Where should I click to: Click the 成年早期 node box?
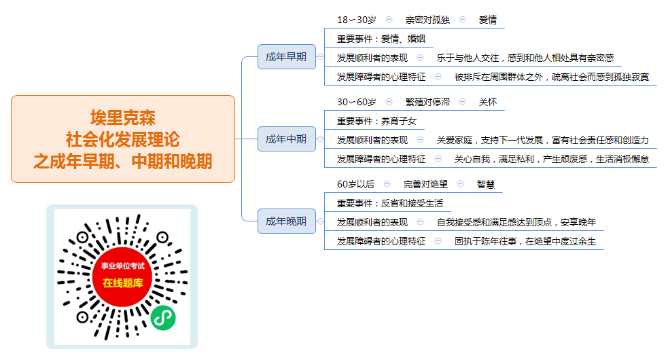(x=287, y=56)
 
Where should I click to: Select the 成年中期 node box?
(x=287, y=139)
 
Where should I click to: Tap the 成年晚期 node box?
(x=287, y=221)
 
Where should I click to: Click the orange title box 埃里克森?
(x=123, y=139)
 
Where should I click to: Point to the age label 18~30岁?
(x=357, y=20)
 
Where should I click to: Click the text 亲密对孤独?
(x=427, y=20)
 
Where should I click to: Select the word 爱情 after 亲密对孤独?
(x=488, y=20)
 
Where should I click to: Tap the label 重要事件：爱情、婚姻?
(x=381, y=39)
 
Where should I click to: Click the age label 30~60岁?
(x=357, y=102)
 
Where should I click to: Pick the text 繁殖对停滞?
(x=427, y=102)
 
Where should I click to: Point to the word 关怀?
(x=488, y=102)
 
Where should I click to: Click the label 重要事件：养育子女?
(x=376, y=121)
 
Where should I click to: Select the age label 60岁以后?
(x=355, y=184)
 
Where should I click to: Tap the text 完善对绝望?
(x=425, y=184)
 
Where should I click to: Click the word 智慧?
(x=486, y=184)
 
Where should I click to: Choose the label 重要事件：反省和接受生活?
(x=390, y=203)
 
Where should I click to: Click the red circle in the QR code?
(x=122, y=277)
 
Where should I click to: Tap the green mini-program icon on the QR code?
(x=163, y=317)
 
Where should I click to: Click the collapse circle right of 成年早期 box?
(x=320, y=56)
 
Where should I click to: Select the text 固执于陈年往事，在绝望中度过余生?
(x=525, y=241)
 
